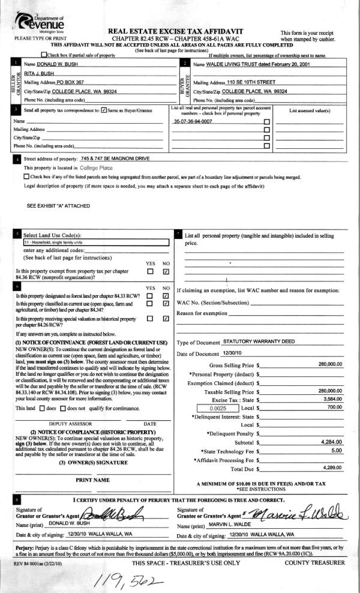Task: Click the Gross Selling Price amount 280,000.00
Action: tap(330, 364)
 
